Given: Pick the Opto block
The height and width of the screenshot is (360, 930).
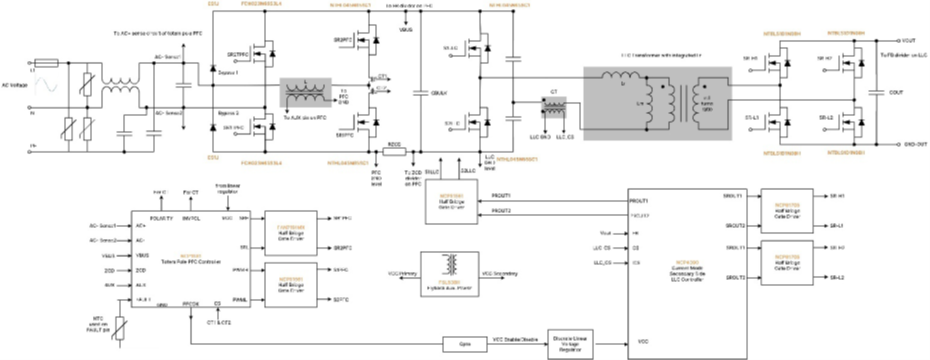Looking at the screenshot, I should click(463, 343).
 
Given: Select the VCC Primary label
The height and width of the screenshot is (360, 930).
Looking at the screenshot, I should click(403, 273).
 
